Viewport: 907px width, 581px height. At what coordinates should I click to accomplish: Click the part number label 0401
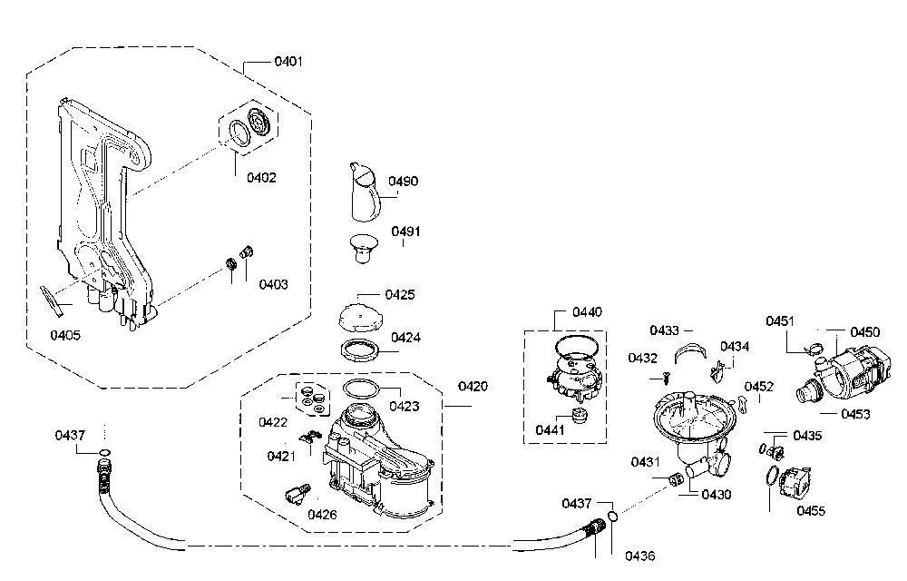[x=288, y=61]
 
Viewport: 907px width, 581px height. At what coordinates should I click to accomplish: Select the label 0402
[x=261, y=177]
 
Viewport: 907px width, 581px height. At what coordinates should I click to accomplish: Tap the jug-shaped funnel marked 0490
[x=364, y=192]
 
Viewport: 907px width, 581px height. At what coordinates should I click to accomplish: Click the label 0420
[x=473, y=386]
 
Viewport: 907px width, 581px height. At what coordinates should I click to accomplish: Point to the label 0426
[x=322, y=514]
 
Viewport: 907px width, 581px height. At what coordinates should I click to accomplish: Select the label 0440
[x=587, y=312]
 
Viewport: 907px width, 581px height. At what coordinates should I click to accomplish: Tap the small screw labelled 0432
[x=667, y=379]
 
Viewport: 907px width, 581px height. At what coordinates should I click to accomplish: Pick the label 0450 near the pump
[x=864, y=331]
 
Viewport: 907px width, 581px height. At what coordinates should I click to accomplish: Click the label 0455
[x=811, y=510]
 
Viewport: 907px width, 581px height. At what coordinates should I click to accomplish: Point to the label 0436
[x=639, y=556]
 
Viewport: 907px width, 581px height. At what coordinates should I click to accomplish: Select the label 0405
[x=65, y=335]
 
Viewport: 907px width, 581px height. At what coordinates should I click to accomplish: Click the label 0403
[x=273, y=284]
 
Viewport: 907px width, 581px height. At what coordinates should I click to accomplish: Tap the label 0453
[x=855, y=414]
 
